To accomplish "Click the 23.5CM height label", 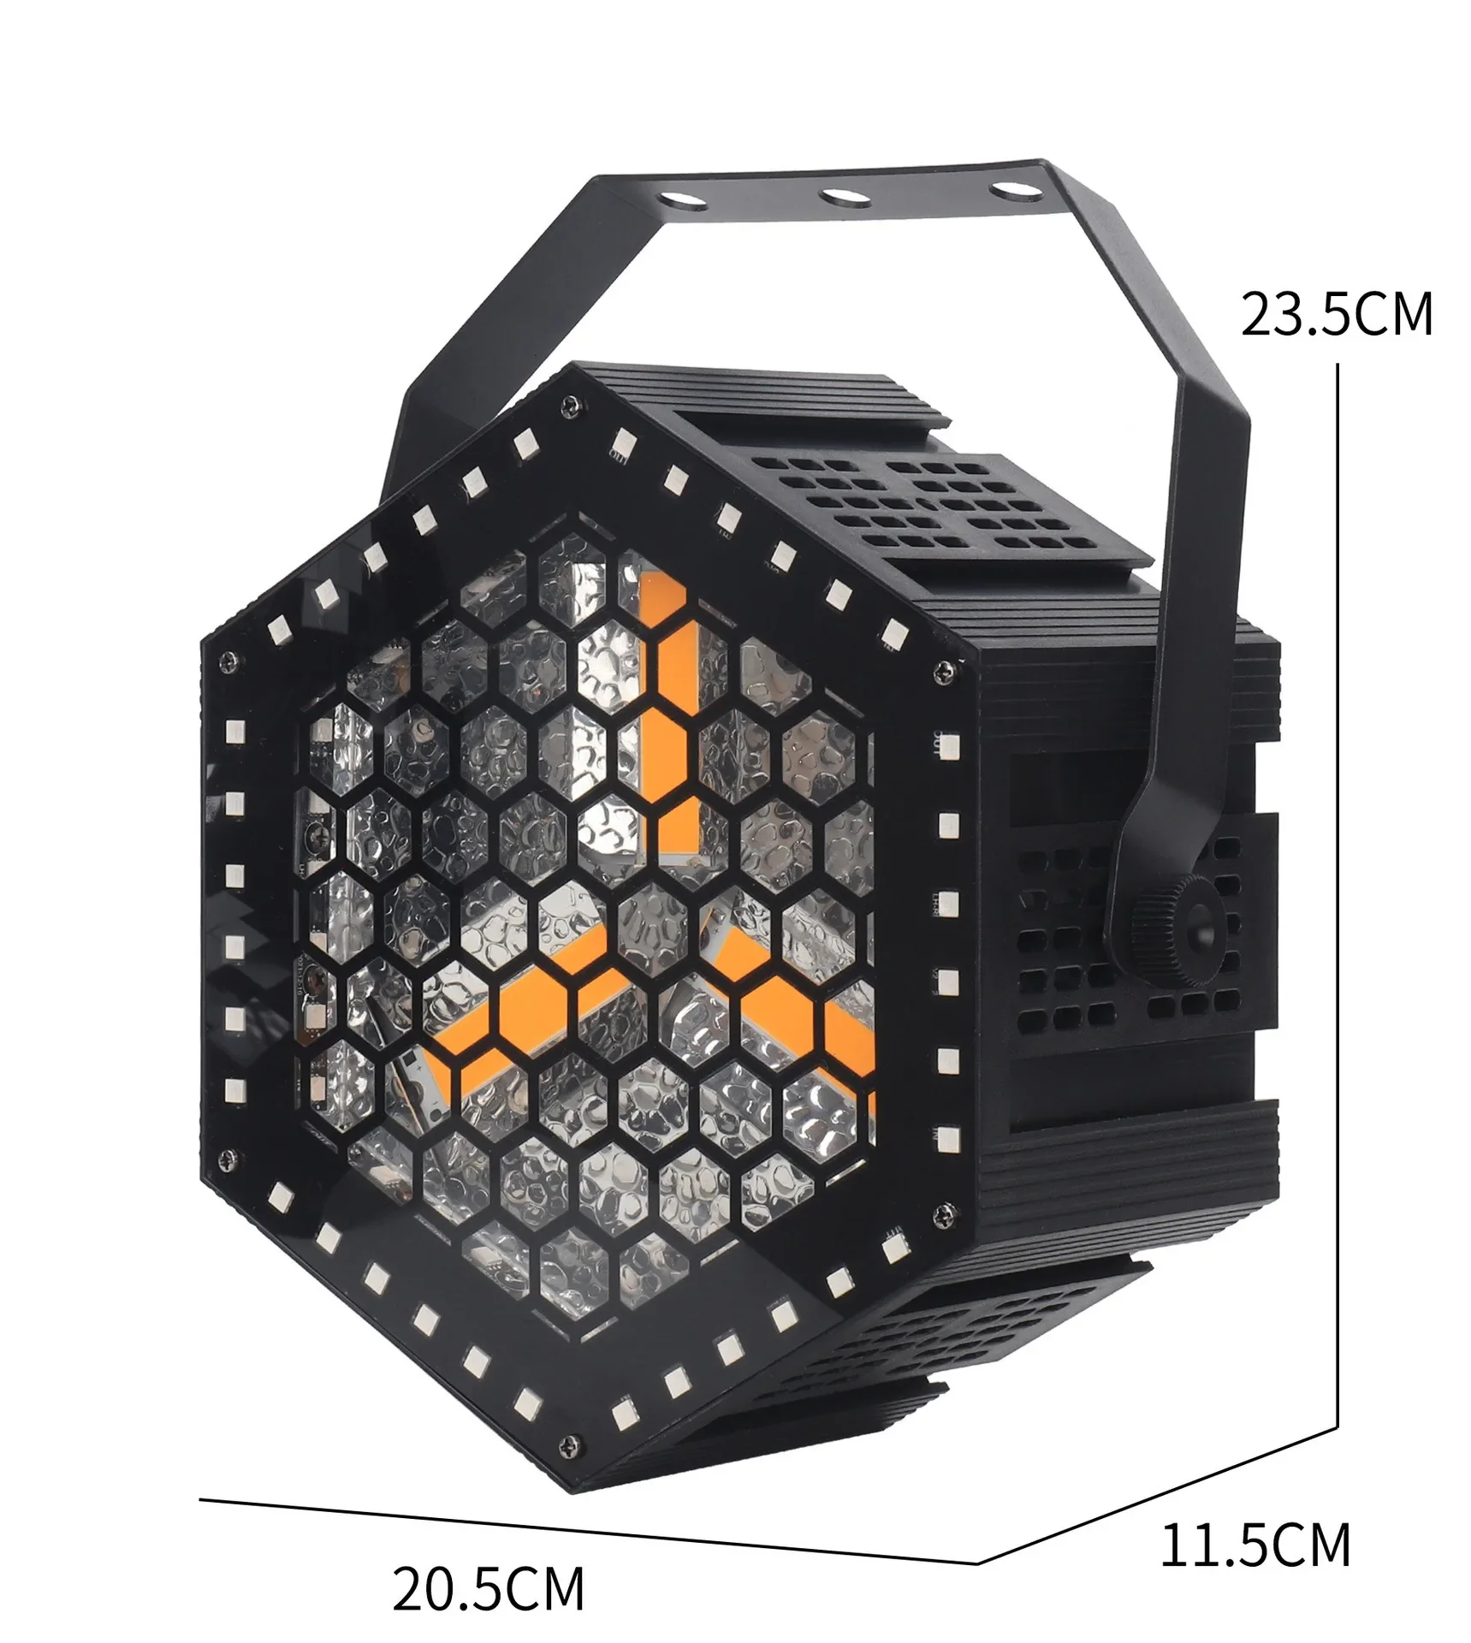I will coord(1336,314).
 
